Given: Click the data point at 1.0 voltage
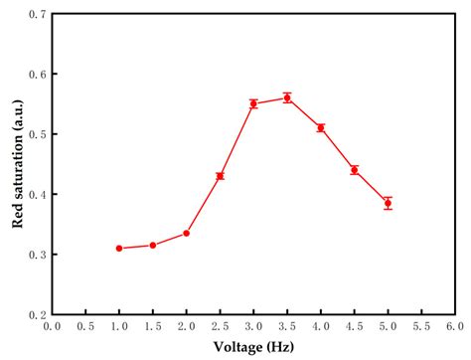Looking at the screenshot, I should [119, 248].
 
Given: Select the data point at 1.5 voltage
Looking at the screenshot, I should [153, 245].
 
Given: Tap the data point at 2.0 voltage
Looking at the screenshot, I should [187, 233].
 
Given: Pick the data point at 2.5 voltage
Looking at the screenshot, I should [220, 176].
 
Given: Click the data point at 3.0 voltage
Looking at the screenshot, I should [253, 103].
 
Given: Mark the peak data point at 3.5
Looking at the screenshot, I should [287, 97].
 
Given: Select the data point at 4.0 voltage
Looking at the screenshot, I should [320, 127].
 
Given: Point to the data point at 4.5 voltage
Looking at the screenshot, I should [354, 170].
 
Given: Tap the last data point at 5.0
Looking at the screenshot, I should [388, 203].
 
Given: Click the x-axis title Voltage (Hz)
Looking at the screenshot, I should [253, 347].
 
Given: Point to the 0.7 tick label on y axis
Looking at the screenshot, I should [37, 15].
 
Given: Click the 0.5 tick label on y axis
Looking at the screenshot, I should [37, 134].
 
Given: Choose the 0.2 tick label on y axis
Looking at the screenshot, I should [37, 314].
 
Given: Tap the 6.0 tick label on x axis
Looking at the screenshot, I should [454, 326].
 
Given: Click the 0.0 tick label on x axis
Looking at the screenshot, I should [53, 326].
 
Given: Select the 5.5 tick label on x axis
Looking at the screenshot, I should [420, 326].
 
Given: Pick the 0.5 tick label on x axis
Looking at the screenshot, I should [86, 326].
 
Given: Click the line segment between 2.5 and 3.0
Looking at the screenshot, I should [236, 140].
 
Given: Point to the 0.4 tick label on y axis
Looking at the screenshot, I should [37, 195].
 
